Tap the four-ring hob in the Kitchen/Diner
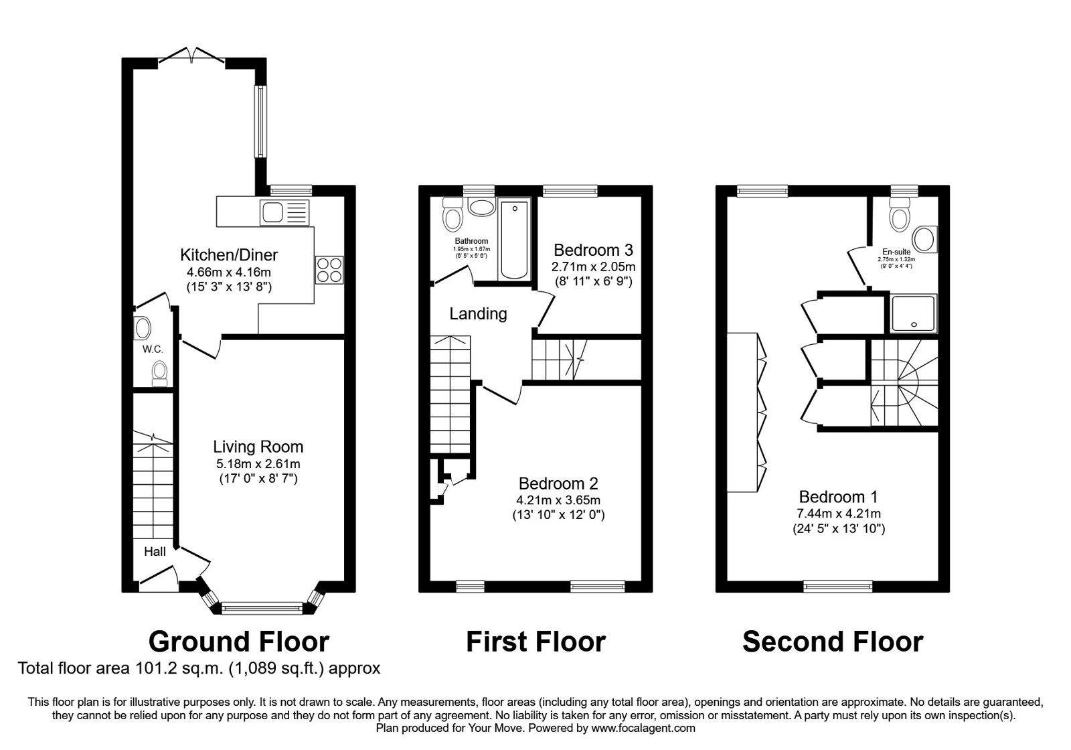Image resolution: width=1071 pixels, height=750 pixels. [x=329, y=271]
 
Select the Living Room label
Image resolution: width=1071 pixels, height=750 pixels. [x=258, y=447]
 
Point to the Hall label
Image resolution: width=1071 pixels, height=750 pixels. [x=155, y=552]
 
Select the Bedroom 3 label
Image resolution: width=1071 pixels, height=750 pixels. [x=593, y=250]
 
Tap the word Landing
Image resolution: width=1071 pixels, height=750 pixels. [x=478, y=313]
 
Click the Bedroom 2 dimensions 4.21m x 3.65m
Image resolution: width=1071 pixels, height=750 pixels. [x=558, y=500]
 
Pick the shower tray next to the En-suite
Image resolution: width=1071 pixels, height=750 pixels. [x=914, y=313]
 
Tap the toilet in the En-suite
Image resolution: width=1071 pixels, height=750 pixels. [x=898, y=216]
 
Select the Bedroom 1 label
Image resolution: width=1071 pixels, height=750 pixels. [x=838, y=497]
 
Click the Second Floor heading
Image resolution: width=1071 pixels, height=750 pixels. [x=832, y=642]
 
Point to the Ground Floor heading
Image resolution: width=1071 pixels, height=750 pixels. [x=238, y=642]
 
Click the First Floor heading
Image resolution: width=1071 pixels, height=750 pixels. [x=535, y=642]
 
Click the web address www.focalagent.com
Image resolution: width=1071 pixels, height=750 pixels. [x=643, y=728]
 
